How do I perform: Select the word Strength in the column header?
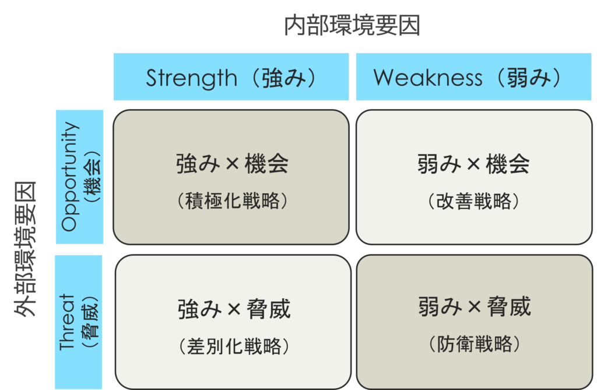[191, 78]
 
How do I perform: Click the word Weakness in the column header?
[428, 78]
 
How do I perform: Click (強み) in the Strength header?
[280, 78]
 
